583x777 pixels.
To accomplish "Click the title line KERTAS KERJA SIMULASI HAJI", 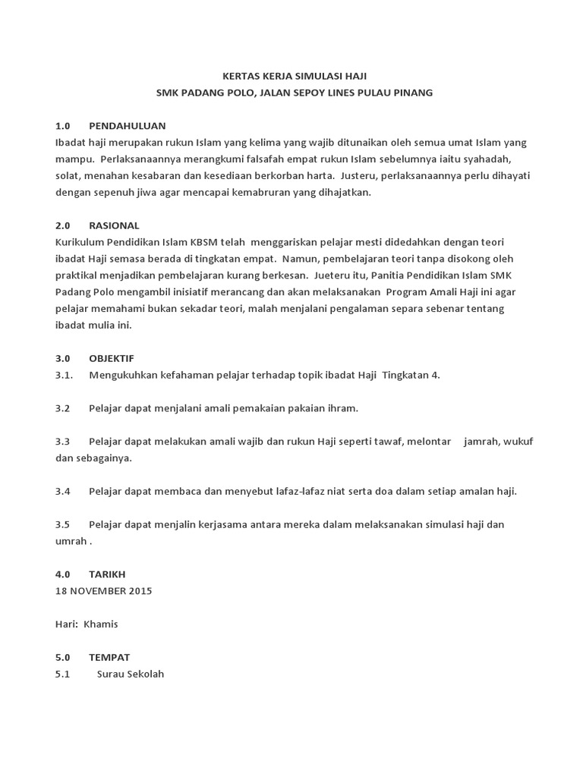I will point(293,76).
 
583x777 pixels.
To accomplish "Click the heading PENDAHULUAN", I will point(127,125).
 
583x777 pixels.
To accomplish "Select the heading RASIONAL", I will point(114,225).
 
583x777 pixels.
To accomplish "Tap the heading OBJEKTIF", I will point(111,358).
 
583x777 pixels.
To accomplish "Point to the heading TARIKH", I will point(107,574).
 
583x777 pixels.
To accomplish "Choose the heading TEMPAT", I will point(109,657).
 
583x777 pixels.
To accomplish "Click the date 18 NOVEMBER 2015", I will point(103,591).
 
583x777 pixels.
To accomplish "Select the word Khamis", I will point(101,624).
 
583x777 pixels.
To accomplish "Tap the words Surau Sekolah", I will point(131,674).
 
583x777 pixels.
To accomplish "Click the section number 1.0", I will point(62,125).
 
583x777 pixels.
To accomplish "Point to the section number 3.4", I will point(62,491).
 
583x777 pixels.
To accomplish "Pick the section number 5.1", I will point(62,674).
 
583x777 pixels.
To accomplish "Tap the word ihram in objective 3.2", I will point(342,408).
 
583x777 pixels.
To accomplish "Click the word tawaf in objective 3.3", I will point(386,442).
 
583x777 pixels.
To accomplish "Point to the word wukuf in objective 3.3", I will point(517,442).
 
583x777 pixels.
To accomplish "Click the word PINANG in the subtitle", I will point(412,93).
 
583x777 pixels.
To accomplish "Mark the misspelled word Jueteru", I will point(332,275).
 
